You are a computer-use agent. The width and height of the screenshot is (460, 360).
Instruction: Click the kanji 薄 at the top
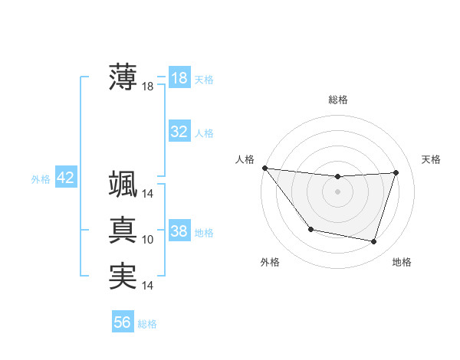click(x=123, y=77)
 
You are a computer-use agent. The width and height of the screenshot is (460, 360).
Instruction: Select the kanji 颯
click(x=123, y=184)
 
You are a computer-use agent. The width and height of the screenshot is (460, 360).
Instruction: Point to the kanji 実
click(x=123, y=276)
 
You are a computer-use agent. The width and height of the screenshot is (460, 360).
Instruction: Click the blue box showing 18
click(x=179, y=77)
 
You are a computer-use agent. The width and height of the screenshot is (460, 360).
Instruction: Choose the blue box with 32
click(x=179, y=132)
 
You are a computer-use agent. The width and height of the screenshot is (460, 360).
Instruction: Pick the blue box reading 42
click(x=65, y=178)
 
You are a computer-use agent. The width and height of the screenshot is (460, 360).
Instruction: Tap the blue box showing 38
click(x=179, y=231)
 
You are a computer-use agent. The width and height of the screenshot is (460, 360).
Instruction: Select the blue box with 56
click(x=123, y=322)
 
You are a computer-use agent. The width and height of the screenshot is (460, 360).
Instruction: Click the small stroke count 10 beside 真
click(x=148, y=240)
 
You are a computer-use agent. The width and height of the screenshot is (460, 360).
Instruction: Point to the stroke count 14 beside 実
click(x=148, y=286)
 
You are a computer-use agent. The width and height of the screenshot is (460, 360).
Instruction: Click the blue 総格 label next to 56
click(x=147, y=324)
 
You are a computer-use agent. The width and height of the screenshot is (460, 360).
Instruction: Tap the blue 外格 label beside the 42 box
click(x=41, y=179)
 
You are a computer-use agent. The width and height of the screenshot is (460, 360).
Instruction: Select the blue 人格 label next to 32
click(x=204, y=133)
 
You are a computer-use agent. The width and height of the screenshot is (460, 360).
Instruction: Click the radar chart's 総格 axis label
click(x=338, y=100)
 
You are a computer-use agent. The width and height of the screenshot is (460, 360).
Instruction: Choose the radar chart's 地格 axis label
click(x=402, y=262)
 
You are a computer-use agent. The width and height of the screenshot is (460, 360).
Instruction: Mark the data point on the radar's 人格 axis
click(x=264, y=168)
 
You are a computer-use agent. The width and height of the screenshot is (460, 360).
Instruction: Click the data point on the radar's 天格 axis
click(x=396, y=172)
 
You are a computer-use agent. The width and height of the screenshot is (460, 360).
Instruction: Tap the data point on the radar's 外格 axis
click(x=310, y=229)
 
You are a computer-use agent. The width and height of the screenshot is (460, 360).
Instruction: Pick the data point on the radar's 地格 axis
click(x=373, y=241)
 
